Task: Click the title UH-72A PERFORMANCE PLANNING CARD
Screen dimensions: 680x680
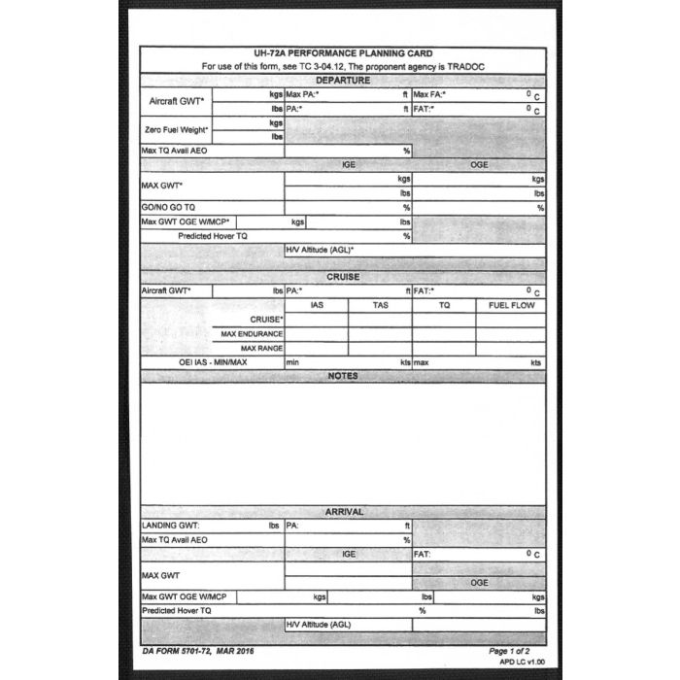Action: click(x=343, y=53)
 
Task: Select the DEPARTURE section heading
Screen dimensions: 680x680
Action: click(x=343, y=80)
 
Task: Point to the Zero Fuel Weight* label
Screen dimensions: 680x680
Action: click(x=176, y=130)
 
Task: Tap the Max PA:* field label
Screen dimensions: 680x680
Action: click(x=303, y=95)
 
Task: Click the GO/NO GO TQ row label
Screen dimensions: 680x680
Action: click(x=169, y=208)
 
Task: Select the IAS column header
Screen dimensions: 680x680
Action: click(x=317, y=305)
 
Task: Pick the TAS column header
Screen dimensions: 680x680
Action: click(x=380, y=305)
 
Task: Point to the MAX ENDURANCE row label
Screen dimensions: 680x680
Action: click(x=252, y=334)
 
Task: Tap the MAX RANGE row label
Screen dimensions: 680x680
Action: click(x=261, y=348)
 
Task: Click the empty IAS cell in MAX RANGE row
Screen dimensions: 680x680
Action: click(x=317, y=348)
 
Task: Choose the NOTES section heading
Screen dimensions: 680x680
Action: click(x=343, y=376)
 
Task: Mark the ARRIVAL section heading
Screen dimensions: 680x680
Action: click(x=343, y=512)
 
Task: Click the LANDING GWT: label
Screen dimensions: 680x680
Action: click(x=171, y=526)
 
